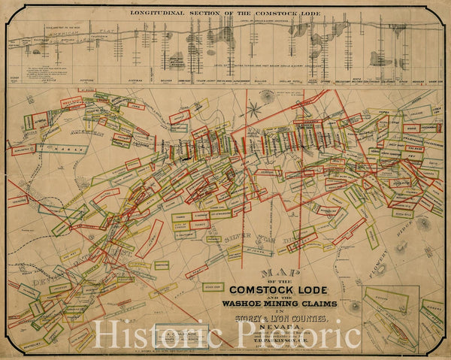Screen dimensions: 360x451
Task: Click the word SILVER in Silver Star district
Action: coord(241,240)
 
